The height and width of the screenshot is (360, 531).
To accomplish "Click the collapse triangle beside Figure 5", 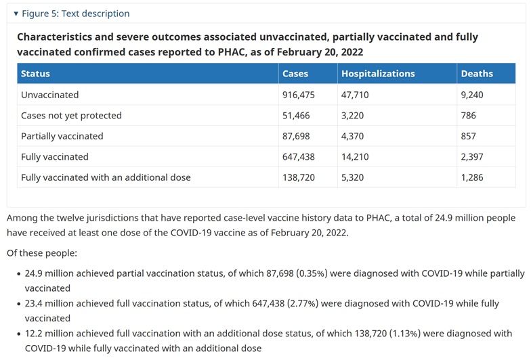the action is [x=16, y=14].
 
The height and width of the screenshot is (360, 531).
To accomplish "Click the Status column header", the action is [x=35, y=73].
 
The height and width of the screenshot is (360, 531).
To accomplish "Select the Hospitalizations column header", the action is [x=378, y=73].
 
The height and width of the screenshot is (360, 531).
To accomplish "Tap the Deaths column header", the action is [x=477, y=73].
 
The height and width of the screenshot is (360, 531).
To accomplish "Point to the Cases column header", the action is [x=295, y=73].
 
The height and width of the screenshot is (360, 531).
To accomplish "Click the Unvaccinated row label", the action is [x=50, y=95].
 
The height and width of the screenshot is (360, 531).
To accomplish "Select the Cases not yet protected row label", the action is [x=71, y=115].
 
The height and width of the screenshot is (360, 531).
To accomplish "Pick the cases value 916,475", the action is [x=298, y=95].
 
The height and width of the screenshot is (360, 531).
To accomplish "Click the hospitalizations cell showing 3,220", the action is [x=352, y=115].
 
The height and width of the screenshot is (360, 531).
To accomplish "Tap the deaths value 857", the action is [x=469, y=136].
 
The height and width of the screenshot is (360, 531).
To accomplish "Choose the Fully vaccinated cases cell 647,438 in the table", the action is [x=298, y=157].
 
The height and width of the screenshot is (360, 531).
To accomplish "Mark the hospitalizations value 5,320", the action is [x=352, y=177].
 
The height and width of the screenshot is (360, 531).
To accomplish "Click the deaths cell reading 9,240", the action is [x=471, y=95].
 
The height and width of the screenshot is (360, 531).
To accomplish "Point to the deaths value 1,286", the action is [x=471, y=177].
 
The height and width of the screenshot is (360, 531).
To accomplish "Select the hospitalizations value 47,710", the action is [x=355, y=95].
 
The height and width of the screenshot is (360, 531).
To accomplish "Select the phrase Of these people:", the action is [x=42, y=253].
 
